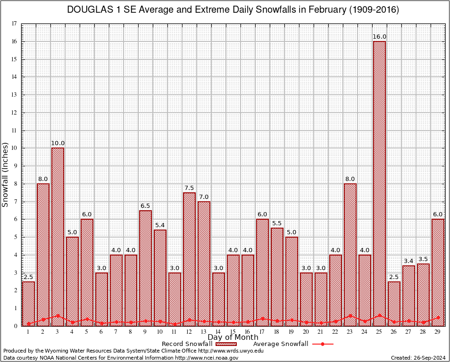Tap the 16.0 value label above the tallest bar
379,37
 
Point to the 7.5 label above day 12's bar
189,188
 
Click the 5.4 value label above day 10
160,225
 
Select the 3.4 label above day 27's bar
408,261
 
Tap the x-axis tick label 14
218,332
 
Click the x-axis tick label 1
28,332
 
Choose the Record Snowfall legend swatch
228,344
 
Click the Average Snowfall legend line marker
322,344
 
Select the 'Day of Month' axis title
233,337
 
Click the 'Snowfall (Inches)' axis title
5,174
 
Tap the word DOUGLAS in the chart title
87,10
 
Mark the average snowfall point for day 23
350,316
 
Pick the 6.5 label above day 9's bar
145,206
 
